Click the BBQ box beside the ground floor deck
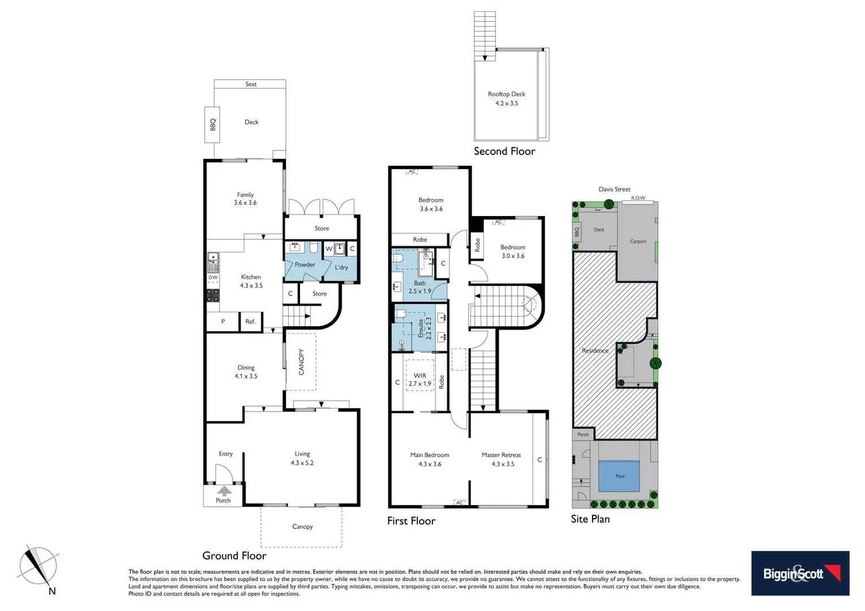(x=213, y=124)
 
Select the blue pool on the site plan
(x=619, y=476)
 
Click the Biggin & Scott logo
(x=800, y=573)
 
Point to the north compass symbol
(x=38, y=567)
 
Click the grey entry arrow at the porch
(x=224, y=490)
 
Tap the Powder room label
(x=305, y=265)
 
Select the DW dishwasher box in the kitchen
(x=213, y=277)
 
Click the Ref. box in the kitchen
(x=250, y=321)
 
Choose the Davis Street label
(x=614, y=190)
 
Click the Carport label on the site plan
(x=637, y=242)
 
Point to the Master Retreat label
(x=501, y=455)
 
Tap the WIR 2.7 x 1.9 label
(x=419, y=380)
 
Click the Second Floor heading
(x=504, y=151)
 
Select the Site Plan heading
(x=590, y=519)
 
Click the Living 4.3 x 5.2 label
(x=302, y=458)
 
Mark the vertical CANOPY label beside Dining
(x=301, y=362)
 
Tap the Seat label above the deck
(x=251, y=84)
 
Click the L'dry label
(x=341, y=268)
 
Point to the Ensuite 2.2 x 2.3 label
(x=425, y=328)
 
